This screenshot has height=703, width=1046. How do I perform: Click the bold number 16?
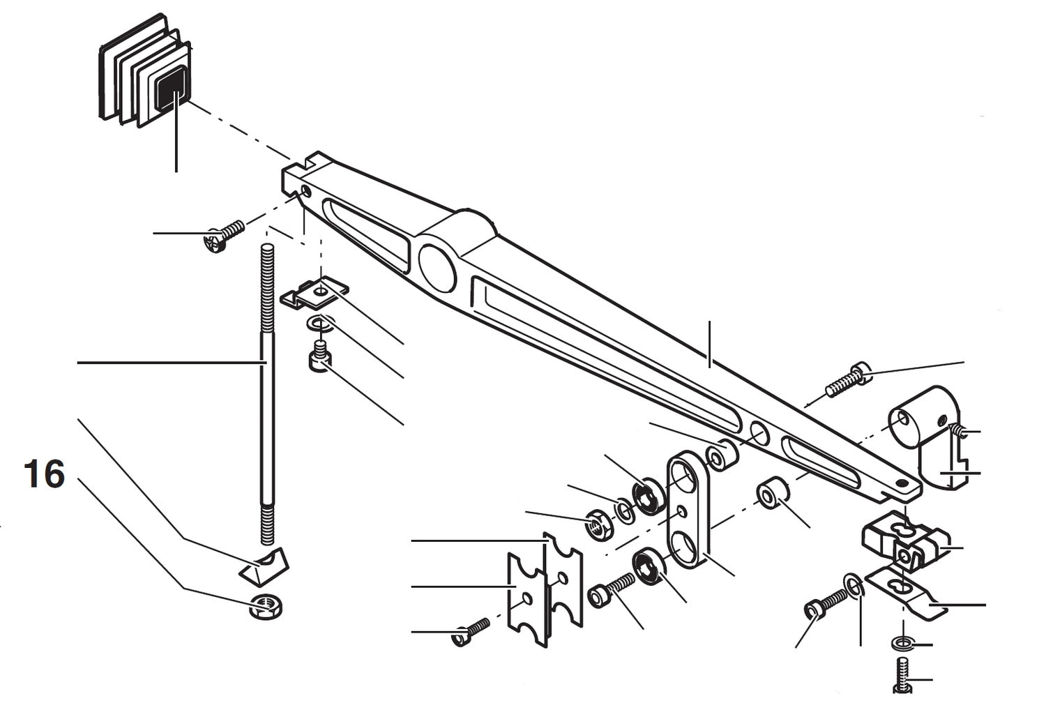(44, 474)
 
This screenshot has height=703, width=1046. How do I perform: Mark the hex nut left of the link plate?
(598, 524)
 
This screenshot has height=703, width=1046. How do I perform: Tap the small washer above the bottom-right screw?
(901, 642)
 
